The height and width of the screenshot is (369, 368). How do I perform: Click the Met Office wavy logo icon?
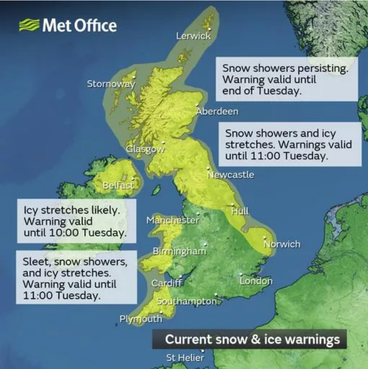29,25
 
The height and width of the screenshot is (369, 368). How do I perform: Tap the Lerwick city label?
193,36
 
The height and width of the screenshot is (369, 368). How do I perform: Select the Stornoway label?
111,84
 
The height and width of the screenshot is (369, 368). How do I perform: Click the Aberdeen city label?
217,111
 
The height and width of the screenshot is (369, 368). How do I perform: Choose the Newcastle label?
231,175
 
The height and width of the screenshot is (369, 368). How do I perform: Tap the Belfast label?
118,185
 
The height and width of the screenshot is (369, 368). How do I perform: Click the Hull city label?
240,211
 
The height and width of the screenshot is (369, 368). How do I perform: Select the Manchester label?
173,220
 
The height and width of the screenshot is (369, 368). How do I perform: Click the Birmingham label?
179,252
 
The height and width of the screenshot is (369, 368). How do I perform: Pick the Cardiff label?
167,283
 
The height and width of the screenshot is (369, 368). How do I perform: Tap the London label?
256,281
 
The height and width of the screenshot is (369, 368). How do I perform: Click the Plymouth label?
141,319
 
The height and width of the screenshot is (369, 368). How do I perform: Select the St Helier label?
185,358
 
